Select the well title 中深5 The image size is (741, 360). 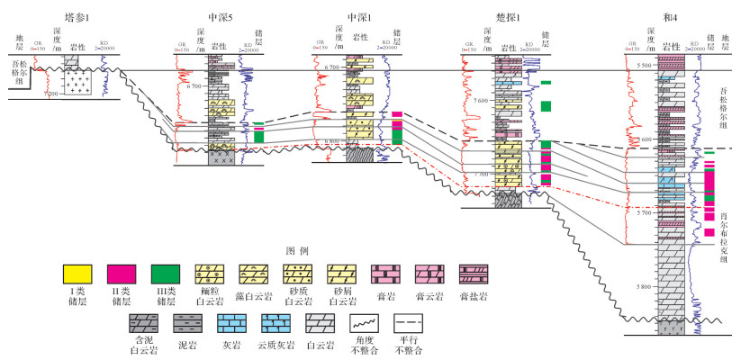(x=223, y=16)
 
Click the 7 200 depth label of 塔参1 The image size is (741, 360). (x=50, y=94)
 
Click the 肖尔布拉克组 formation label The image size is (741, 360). (x=724, y=237)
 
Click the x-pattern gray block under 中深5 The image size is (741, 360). (x=221, y=156)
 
